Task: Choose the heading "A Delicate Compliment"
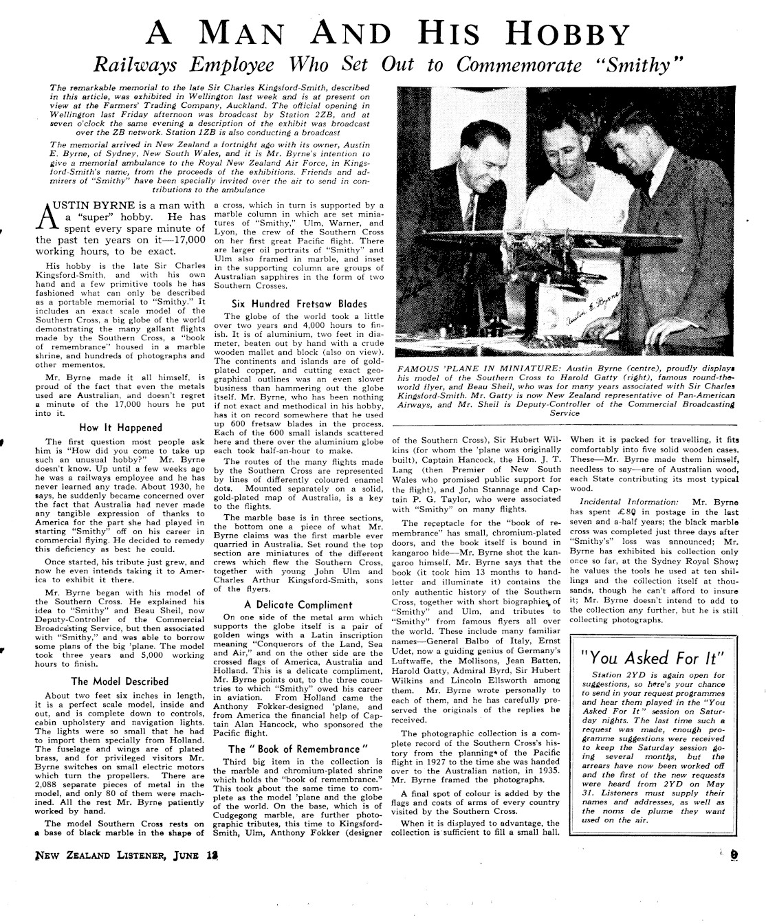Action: [298, 605]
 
